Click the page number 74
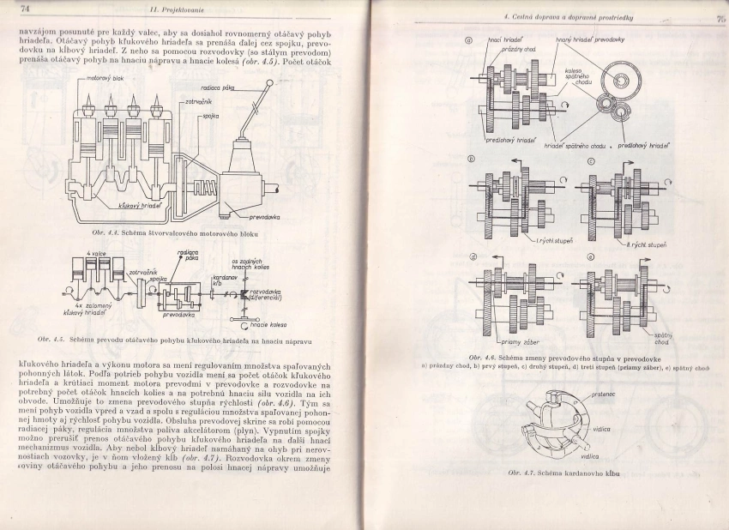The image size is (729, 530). point(24,9)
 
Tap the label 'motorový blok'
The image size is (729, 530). point(105,78)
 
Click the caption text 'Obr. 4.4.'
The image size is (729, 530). point(105,233)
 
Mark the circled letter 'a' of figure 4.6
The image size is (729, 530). point(469,40)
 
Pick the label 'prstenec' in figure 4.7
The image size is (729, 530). point(600,394)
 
